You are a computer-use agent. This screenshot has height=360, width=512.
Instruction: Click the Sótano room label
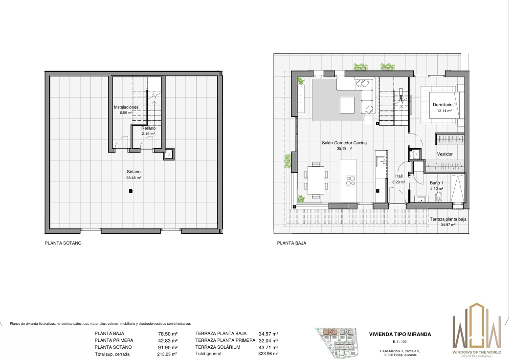134,172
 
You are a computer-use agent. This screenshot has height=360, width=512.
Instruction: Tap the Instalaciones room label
126,107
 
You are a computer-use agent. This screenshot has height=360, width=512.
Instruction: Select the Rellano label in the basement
149,128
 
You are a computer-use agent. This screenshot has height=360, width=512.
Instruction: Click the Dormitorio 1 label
445,105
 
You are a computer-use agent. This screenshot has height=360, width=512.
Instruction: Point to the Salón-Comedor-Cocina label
344,143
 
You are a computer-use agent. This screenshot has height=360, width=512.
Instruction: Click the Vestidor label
445,154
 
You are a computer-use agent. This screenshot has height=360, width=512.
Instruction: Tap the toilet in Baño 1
438,196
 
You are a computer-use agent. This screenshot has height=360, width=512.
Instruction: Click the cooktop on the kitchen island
350,180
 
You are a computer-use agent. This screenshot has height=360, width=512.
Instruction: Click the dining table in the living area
315,180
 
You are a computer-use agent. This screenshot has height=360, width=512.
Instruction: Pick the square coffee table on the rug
347,105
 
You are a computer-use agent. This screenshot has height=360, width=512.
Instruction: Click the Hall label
399,176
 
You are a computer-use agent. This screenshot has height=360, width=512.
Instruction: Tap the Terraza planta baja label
448,219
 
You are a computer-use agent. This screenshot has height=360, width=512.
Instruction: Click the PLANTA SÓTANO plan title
63,243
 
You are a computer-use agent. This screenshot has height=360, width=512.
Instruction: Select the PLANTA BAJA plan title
291,243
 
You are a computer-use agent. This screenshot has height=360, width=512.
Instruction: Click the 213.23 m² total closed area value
167,354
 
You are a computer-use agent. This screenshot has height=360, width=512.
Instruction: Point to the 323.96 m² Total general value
268,354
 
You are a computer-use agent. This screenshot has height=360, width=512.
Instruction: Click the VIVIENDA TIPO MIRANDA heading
400,334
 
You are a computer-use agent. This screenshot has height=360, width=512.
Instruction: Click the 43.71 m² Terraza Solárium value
268,348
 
